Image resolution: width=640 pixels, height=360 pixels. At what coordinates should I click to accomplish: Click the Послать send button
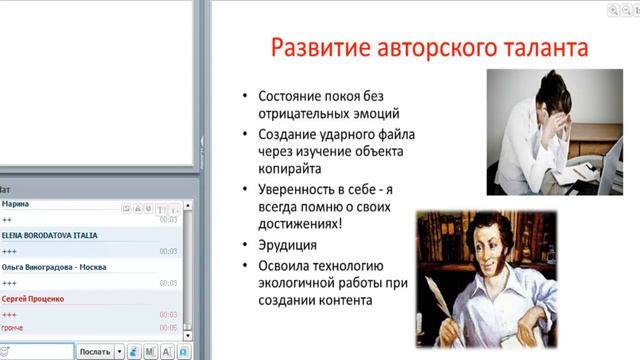(x=95, y=352)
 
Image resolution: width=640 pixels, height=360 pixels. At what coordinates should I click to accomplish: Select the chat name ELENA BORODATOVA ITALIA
(x=50, y=235)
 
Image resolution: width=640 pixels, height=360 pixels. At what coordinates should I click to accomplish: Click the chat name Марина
(x=16, y=204)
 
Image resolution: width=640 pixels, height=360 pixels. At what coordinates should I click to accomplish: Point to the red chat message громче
(x=13, y=328)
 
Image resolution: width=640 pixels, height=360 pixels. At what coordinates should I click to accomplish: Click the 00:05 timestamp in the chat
(x=168, y=328)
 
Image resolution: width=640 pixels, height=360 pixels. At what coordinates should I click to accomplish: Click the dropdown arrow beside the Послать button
(x=119, y=352)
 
